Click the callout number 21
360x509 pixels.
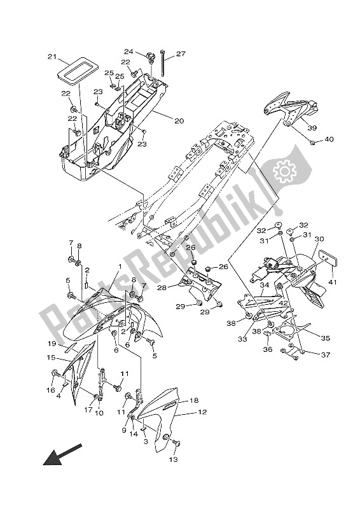coord(51,57)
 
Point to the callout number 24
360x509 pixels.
coord(128,52)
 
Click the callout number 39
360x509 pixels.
coord(312,128)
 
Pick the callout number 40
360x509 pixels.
coord(329,139)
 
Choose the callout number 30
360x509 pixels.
coord(319,239)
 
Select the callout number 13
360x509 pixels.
coord(173,459)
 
